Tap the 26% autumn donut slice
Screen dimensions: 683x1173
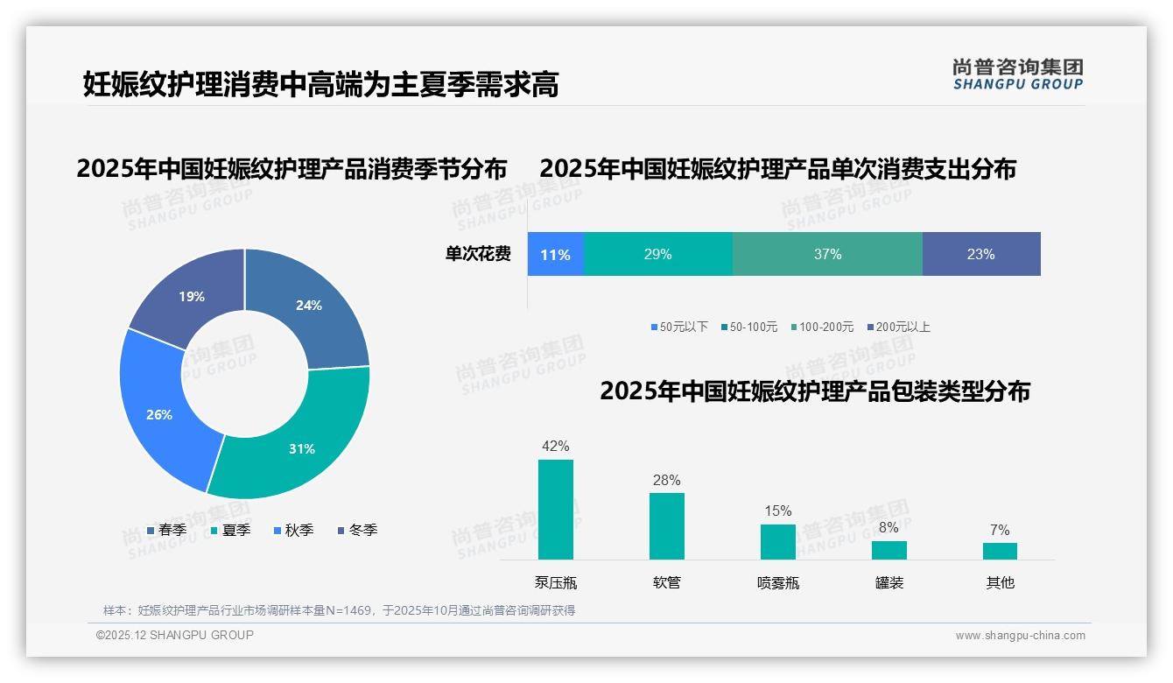pyautogui.click(x=160, y=413)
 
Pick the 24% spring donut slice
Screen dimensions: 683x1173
pyautogui.click(x=308, y=306)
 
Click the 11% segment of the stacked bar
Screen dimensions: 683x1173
pyautogui.click(x=555, y=255)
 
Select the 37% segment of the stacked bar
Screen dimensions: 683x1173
pyautogui.click(x=827, y=255)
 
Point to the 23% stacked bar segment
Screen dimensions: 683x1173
pyautogui.click(x=980, y=255)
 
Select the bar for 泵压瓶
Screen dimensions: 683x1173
pyautogui.click(x=556, y=510)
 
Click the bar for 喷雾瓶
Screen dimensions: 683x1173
pyautogui.click(x=777, y=541)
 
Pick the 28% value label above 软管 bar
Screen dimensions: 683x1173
pyautogui.click(x=666, y=480)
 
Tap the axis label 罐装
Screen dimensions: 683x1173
pyautogui.click(x=889, y=582)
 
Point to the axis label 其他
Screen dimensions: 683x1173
pyautogui.click(x=1000, y=582)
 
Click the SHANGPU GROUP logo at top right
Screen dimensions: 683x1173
pyautogui.click(x=1017, y=74)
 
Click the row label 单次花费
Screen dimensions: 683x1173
pyautogui.click(x=478, y=255)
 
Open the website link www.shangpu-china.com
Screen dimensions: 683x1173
pyautogui.click(x=1020, y=636)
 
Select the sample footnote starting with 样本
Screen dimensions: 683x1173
pyautogui.click(x=340, y=610)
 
